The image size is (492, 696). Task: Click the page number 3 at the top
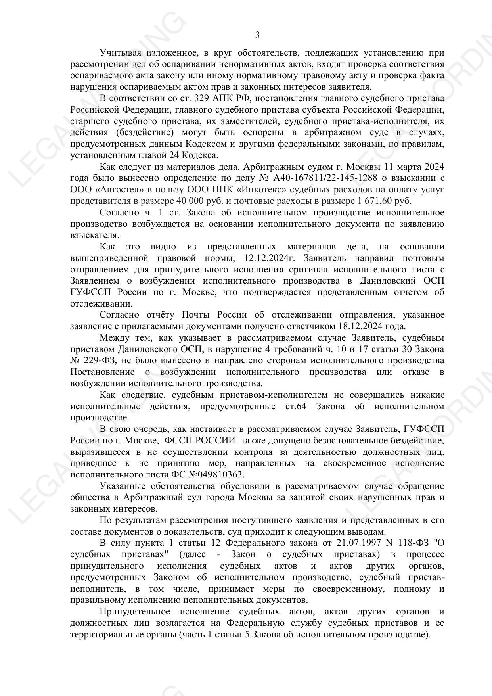(257, 35)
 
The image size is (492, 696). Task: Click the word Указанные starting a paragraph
(121, 486)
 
